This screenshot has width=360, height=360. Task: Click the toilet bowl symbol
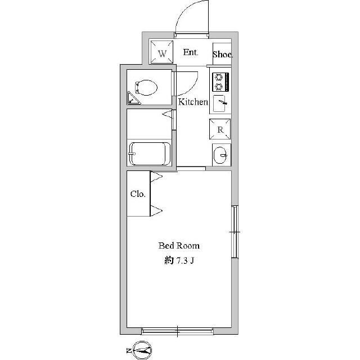pyautogui.click(x=146, y=88)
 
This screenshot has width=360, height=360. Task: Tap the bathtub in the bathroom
pyautogui.click(x=150, y=154)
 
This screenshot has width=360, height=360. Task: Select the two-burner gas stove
pyautogui.click(x=220, y=82)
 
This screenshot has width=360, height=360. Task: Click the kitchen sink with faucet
pyautogui.click(x=220, y=103)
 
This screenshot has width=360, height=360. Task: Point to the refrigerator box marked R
pyautogui.click(x=220, y=129)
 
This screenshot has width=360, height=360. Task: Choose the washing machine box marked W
pyautogui.click(x=161, y=52)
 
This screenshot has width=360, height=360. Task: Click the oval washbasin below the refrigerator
pyautogui.click(x=220, y=155)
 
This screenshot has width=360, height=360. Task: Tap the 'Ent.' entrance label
pyautogui.click(x=191, y=52)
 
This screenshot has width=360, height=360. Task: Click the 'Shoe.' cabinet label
pyautogui.click(x=223, y=55)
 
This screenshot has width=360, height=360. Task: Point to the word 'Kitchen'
pyautogui.click(x=193, y=102)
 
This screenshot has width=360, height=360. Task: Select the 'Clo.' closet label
pyautogui.click(x=138, y=194)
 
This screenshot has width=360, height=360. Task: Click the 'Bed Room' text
pyautogui.click(x=179, y=246)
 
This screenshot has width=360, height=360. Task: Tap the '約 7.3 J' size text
pyautogui.click(x=179, y=260)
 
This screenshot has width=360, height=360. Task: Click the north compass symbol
pyautogui.click(x=142, y=350)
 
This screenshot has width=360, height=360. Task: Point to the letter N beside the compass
pyautogui.click(x=129, y=350)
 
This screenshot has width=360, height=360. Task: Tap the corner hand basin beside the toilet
pyautogui.click(x=133, y=99)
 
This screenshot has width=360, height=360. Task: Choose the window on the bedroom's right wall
pyautogui.click(x=235, y=232)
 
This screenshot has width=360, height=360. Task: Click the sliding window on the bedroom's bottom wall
pyautogui.click(x=178, y=331)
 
